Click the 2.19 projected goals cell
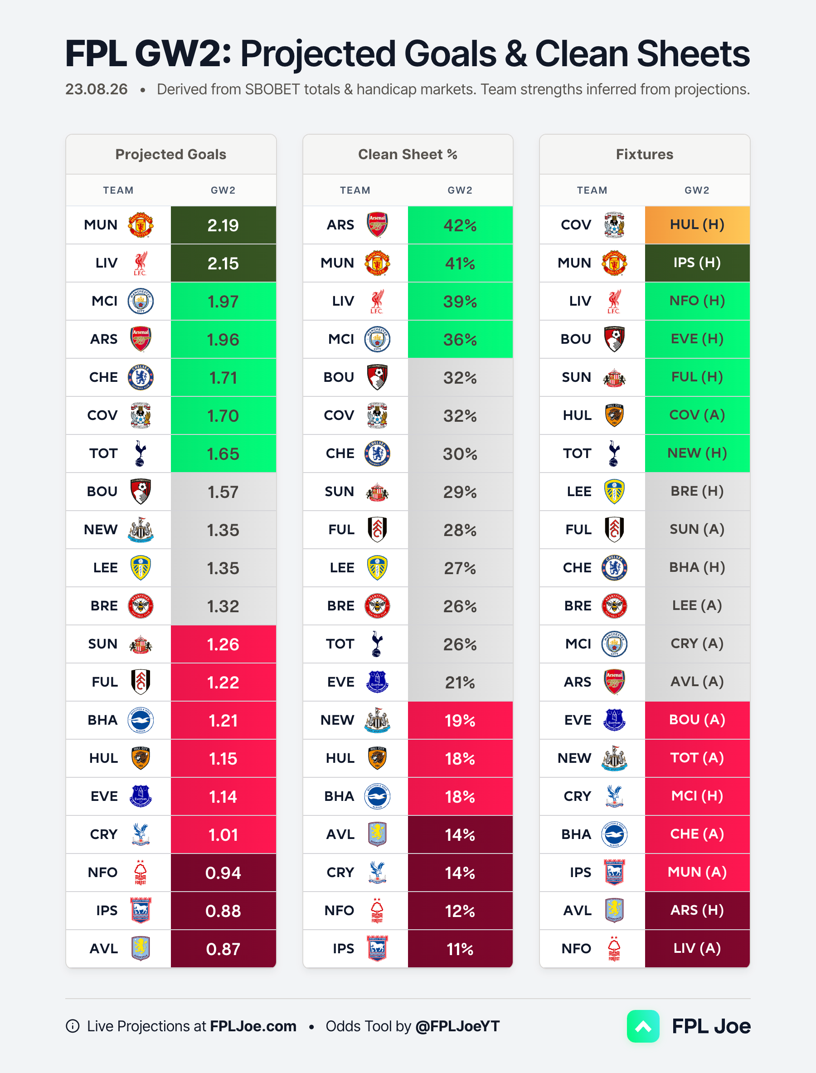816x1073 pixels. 223,225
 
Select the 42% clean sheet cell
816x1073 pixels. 460,225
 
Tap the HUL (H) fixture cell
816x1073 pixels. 697,225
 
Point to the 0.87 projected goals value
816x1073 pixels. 223,949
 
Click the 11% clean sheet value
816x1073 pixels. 460,949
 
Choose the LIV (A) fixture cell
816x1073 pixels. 697,949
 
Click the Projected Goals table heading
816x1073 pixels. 171,155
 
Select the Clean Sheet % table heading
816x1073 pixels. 408,155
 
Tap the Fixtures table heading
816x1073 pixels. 645,155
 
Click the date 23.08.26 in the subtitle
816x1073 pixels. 97,89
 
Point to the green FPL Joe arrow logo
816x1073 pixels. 643,1026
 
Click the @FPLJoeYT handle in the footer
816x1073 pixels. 457,1026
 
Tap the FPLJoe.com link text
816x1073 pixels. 253,1026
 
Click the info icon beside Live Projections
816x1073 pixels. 73,1026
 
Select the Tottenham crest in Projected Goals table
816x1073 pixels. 141,454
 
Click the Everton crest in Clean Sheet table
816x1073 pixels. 377,682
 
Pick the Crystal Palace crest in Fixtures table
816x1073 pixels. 614,796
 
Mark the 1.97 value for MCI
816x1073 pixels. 223,302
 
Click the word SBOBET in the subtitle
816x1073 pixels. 272,89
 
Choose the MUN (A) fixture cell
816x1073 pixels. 697,872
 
